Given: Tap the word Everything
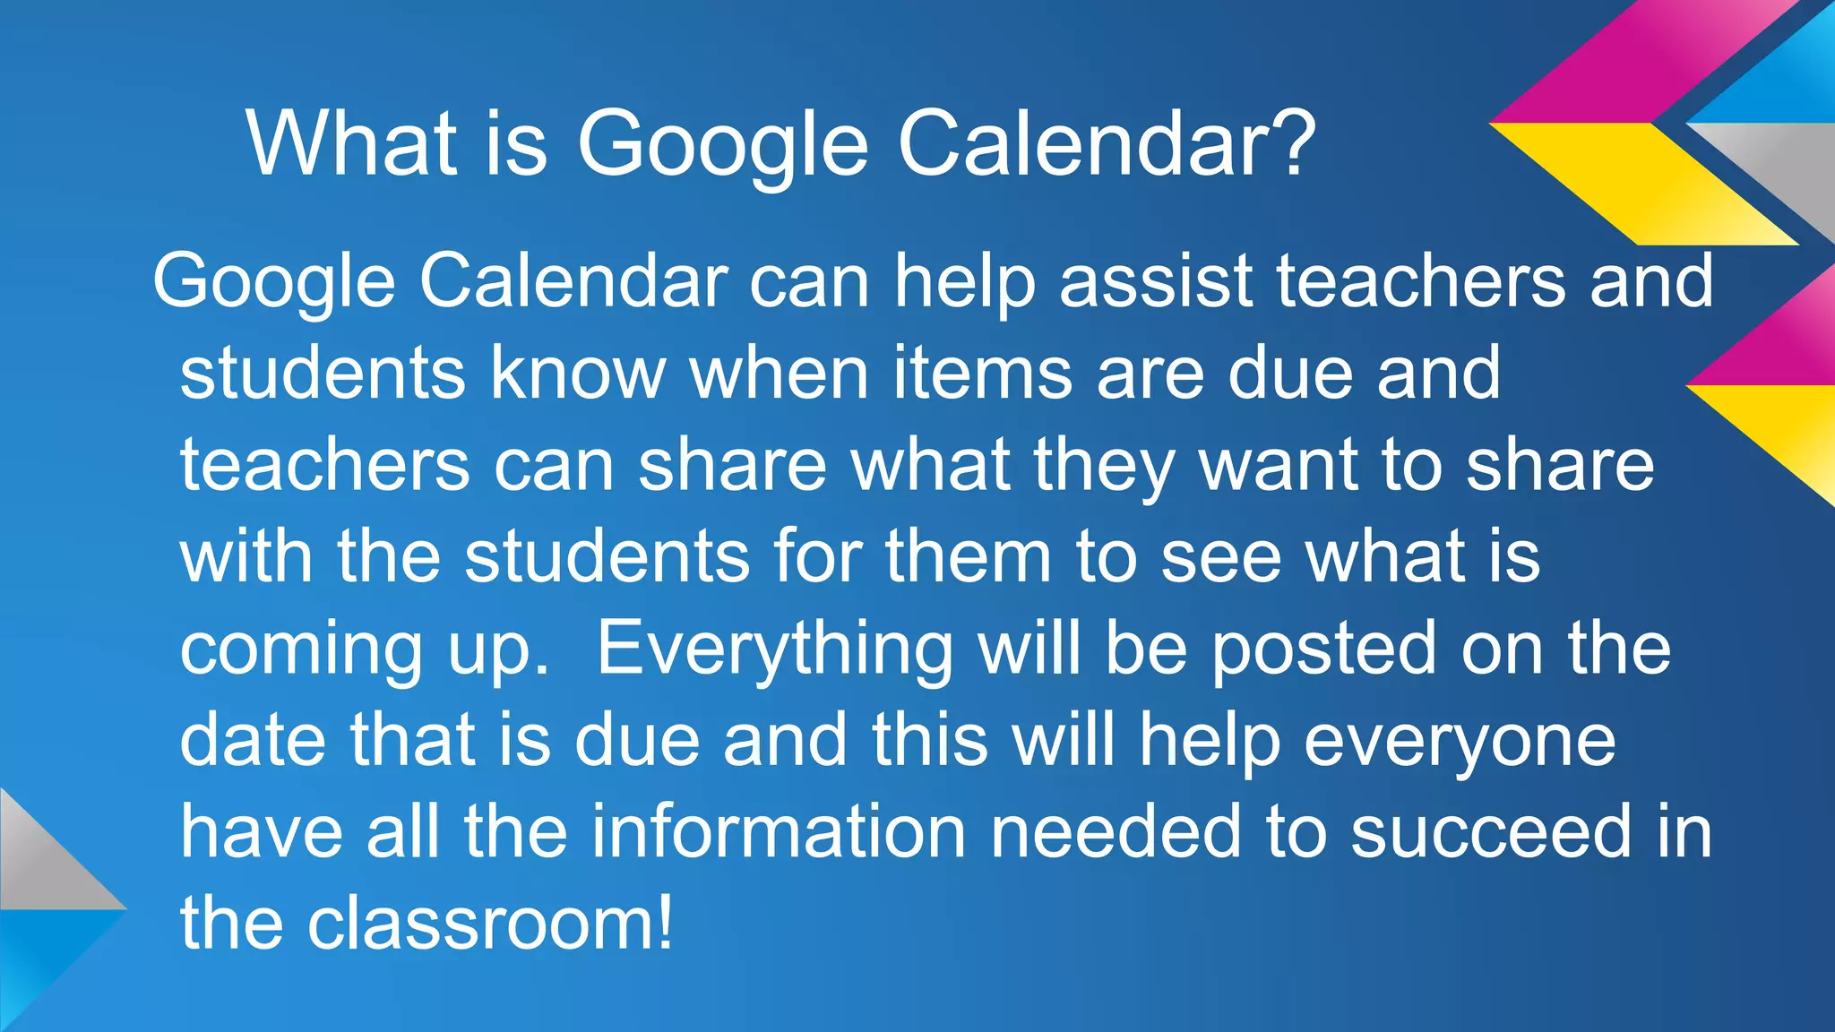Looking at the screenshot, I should [775, 649].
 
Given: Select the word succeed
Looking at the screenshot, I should [1491, 831].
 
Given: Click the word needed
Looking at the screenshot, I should [1116, 831].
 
